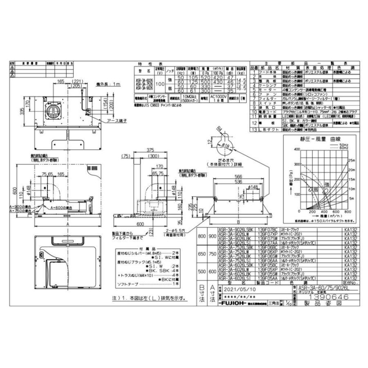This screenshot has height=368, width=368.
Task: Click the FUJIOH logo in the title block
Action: (233, 305)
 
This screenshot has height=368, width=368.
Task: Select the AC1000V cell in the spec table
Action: (218, 99)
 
